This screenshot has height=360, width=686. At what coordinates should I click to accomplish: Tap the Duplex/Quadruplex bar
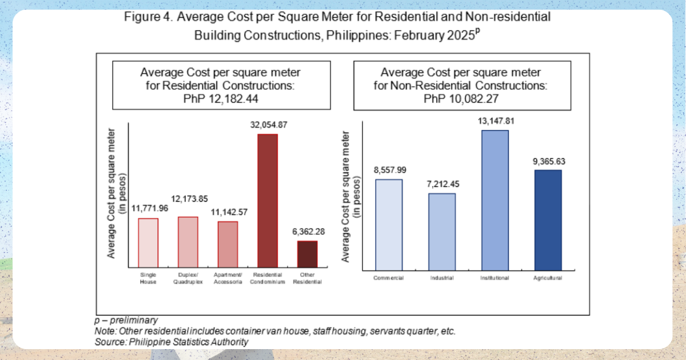coord(188,242)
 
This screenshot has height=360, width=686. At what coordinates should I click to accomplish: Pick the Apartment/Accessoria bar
coord(228,244)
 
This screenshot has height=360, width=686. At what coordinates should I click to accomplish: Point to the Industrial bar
coord(442,231)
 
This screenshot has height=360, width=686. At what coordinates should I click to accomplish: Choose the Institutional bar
coord(495,199)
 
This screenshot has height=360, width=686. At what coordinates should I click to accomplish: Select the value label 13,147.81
coord(495,121)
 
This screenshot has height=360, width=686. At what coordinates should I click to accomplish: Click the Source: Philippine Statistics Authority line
coord(171,342)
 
